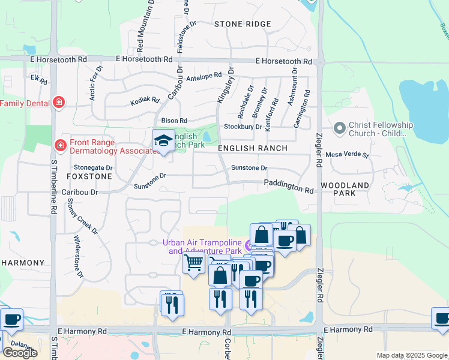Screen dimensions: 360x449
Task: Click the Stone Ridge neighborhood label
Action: pos(243,24)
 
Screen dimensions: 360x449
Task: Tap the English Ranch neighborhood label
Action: pos(253,148)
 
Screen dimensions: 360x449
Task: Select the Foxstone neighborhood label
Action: pos(89,177)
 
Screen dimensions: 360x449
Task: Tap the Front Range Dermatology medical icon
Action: pos(61,146)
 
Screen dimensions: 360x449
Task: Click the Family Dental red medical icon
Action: pos(58,103)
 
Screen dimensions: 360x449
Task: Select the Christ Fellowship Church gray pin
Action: pos(339,128)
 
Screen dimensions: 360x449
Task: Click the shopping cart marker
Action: pos(193,263)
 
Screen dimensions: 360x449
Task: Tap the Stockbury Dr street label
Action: pos(243,127)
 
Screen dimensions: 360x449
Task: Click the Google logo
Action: pos(20,353)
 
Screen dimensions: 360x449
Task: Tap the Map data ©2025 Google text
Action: pos(411,355)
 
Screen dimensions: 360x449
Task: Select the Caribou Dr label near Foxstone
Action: pos(80,192)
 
